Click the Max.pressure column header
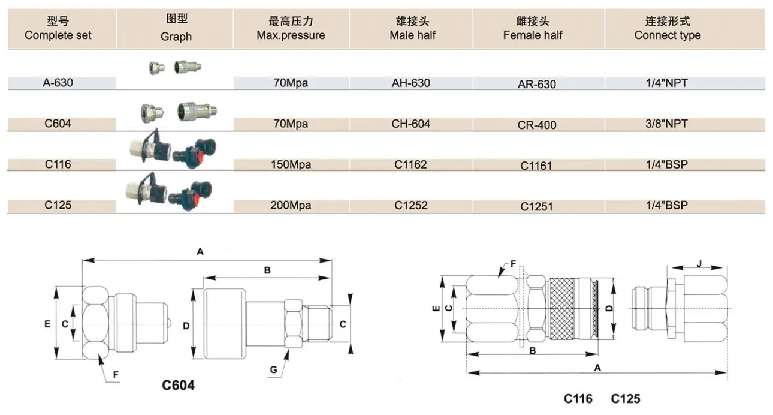pyautogui.click(x=291, y=28)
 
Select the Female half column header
pyautogui.click(x=533, y=28)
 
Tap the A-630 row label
pyautogui.click(x=58, y=83)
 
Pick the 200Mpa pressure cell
pyautogui.click(x=291, y=206)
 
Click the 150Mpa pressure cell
pyautogui.click(x=291, y=164)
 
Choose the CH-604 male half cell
pyautogui.click(x=410, y=124)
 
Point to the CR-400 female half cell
pyautogui.click(x=537, y=125)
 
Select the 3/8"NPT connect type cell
pyautogui.click(x=666, y=124)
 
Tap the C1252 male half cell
pyautogui.click(x=410, y=206)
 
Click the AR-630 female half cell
pyautogui.click(x=537, y=84)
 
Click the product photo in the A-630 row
pyautogui.click(x=175, y=67)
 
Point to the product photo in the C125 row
pyautogui.click(x=169, y=192)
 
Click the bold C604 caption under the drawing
pyautogui.click(x=178, y=385)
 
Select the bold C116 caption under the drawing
pyautogui.click(x=578, y=399)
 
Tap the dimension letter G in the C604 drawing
pyautogui.click(x=273, y=370)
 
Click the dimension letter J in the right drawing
pyautogui.click(x=699, y=264)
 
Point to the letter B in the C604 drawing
pyautogui.click(x=267, y=270)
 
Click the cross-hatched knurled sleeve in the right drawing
pyautogui.click(x=562, y=308)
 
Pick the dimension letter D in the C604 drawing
pyautogui.click(x=186, y=326)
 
